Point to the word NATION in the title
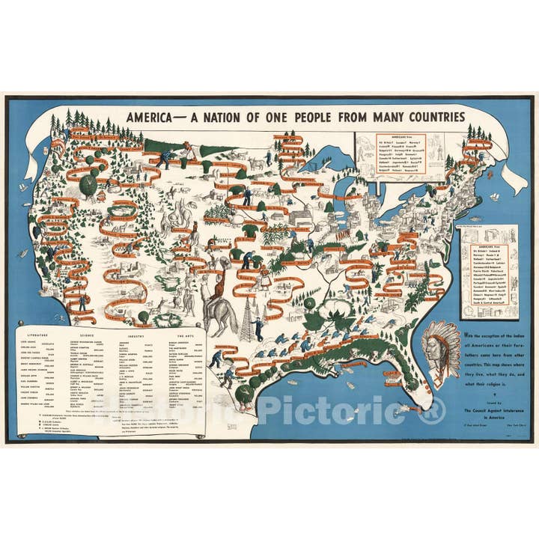238,118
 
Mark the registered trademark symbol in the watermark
434,410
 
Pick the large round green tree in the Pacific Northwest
88,186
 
